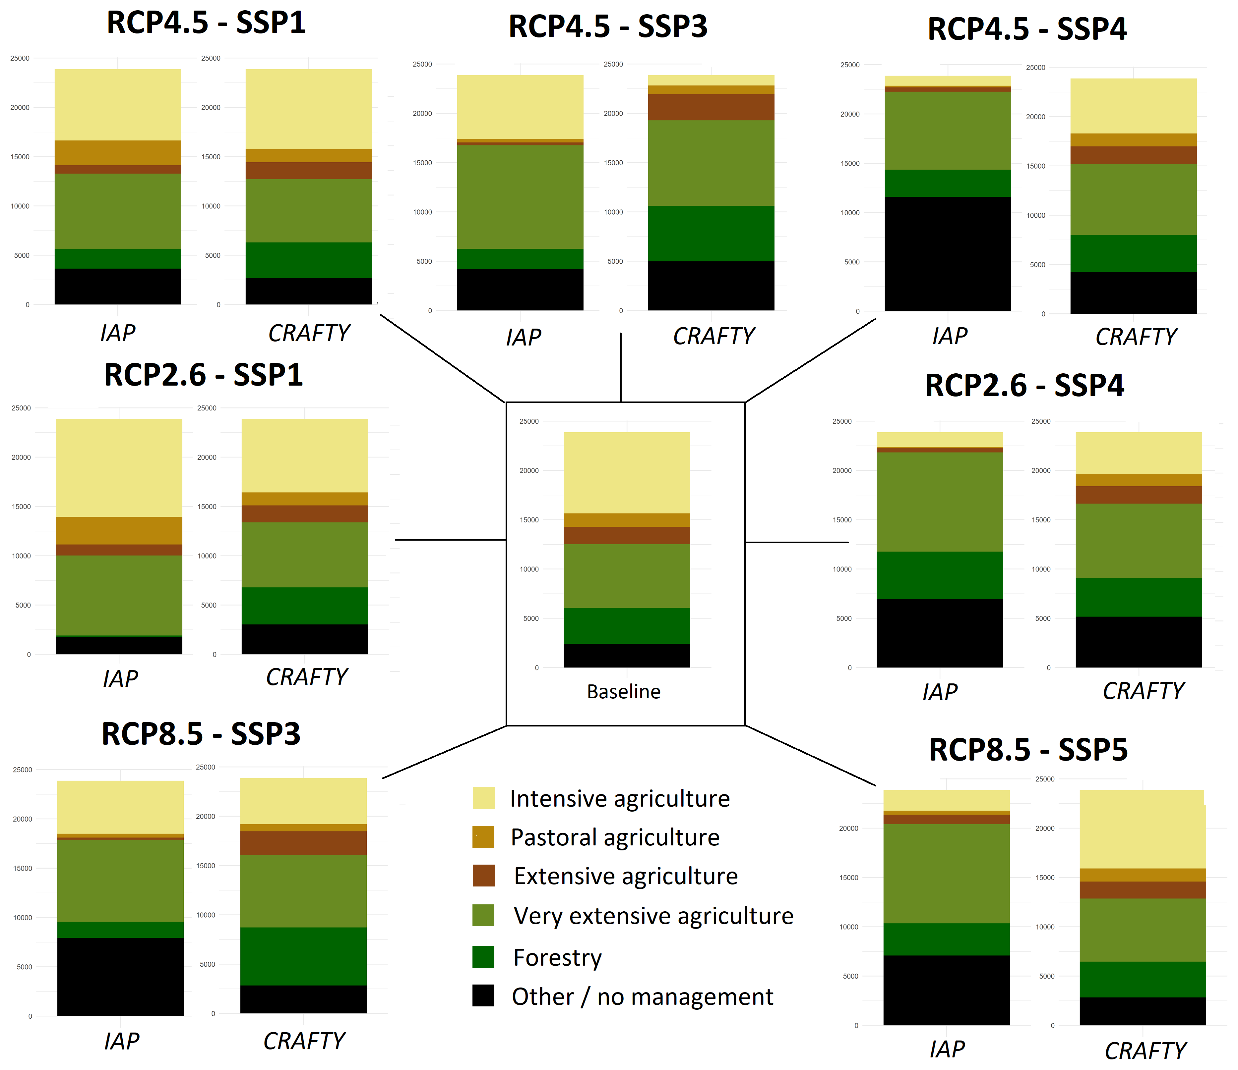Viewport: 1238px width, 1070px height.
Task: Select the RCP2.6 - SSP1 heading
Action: click(x=203, y=375)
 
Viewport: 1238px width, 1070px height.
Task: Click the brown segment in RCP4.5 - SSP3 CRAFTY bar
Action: click(x=711, y=107)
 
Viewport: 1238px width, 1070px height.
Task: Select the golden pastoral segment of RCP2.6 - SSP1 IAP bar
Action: click(x=119, y=530)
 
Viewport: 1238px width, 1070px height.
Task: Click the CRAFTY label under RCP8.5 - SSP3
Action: click(x=304, y=1041)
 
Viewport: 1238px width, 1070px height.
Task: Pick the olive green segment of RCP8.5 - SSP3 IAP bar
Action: click(x=120, y=881)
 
